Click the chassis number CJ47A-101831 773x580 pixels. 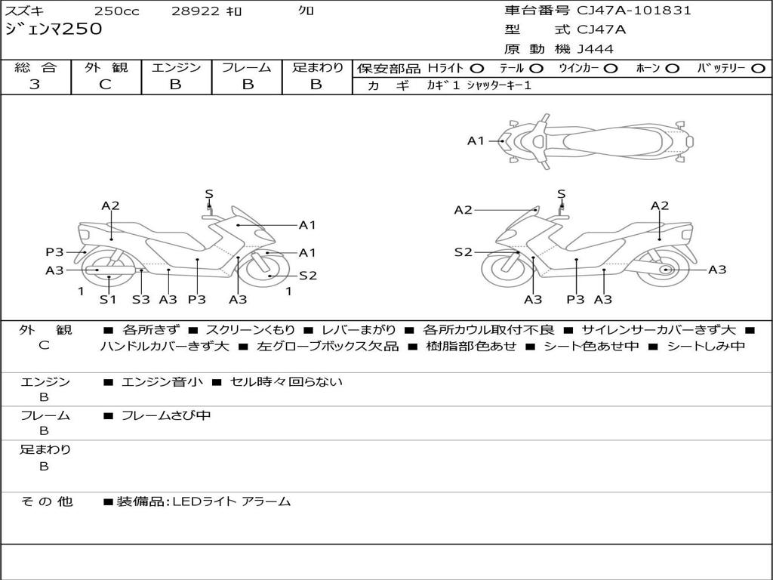[x=634, y=10]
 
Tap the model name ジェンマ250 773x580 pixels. [x=54, y=29]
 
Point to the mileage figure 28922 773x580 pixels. [x=196, y=11]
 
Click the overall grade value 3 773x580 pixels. [x=35, y=84]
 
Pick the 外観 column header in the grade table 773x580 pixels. [x=106, y=67]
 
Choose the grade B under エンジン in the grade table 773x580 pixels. [x=175, y=84]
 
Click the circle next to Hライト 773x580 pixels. [x=477, y=68]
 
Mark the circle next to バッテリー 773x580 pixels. [x=759, y=68]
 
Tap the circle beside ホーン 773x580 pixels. [x=673, y=68]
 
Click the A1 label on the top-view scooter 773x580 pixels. [x=476, y=141]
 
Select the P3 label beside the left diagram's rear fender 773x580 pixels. [x=54, y=252]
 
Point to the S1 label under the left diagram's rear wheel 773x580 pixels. [x=108, y=299]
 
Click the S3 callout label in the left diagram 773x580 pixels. [x=141, y=299]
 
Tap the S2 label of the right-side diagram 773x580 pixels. [x=463, y=252]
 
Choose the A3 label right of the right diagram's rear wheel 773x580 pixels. [x=717, y=270]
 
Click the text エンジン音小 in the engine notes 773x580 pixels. [x=162, y=381]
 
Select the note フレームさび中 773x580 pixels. [x=166, y=415]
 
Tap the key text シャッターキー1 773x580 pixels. [x=499, y=85]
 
